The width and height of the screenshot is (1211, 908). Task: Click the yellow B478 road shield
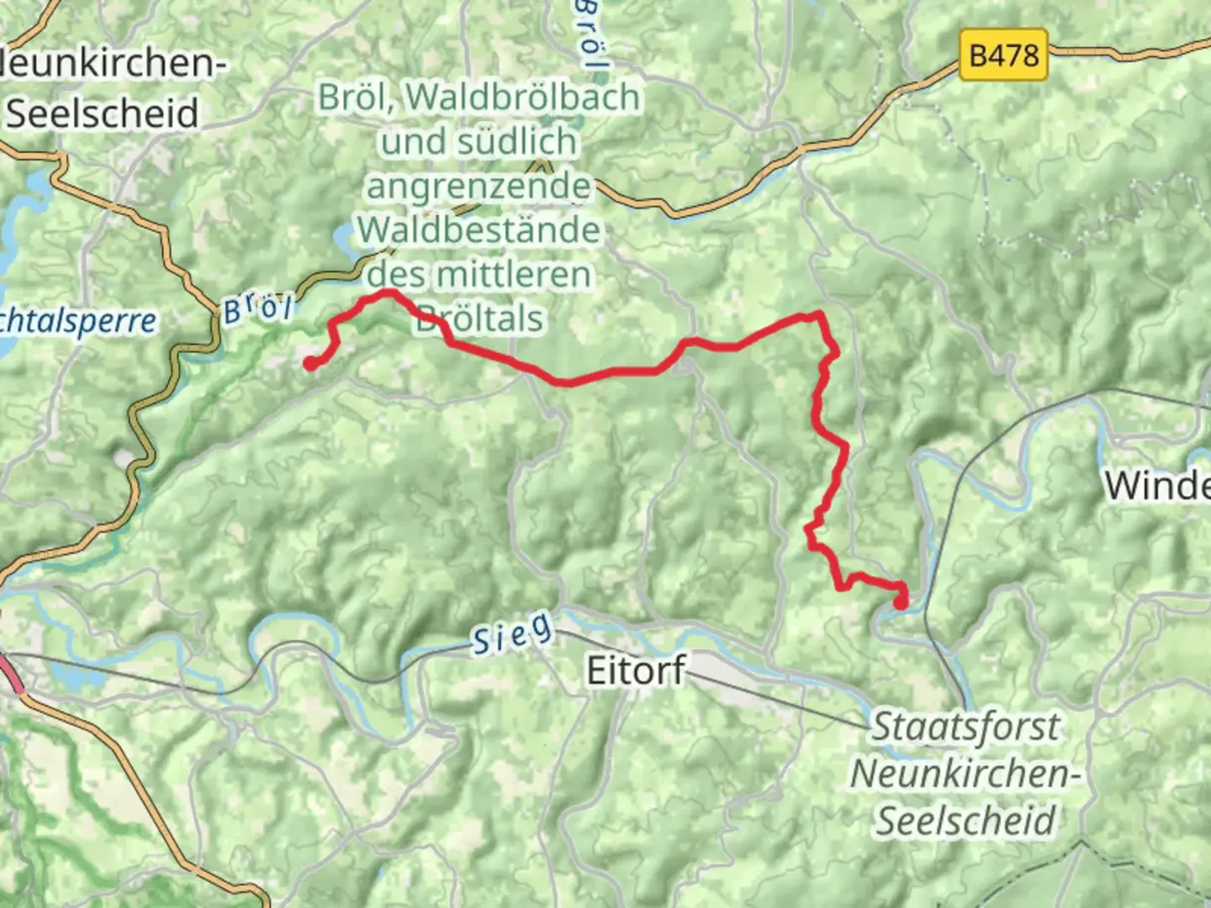(x=1003, y=55)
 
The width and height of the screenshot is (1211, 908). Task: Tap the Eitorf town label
(x=636, y=670)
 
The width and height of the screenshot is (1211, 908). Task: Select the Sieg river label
(x=512, y=633)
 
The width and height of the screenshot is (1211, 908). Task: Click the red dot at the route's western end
(x=310, y=363)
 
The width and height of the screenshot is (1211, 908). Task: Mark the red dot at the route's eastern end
(x=901, y=602)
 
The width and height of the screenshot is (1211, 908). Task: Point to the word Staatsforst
(x=965, y=726)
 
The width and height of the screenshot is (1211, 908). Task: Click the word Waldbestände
(x=479, y=230)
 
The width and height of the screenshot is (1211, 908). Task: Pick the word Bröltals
(x=479, y=319)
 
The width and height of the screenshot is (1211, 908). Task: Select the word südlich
(x=479, y=141)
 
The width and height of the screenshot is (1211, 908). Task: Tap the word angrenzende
(x=479, y=186)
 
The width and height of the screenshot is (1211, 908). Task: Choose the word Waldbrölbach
(x=523, y=98)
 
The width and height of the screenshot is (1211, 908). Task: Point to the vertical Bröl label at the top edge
(x=590, y=34)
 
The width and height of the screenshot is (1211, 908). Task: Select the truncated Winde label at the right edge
(x=1157, y=485)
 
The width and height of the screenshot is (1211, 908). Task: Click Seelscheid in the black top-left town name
(x=103, y=113)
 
